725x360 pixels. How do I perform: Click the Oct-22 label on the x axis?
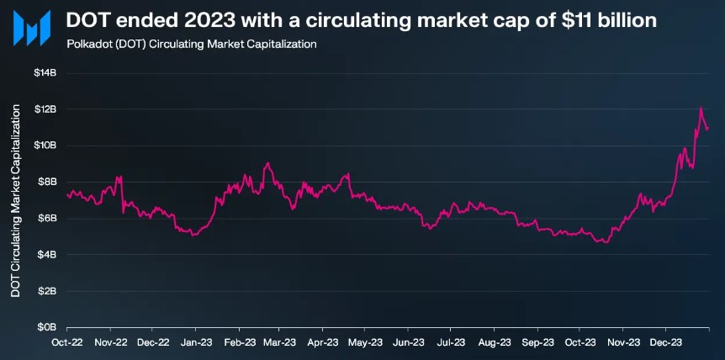coord(66,342)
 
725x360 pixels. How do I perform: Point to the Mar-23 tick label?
coord(279,342)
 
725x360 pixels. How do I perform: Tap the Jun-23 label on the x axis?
coord(409,342)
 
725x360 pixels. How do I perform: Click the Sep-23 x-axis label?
coord(537,342)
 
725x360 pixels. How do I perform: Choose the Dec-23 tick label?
coord(664,342)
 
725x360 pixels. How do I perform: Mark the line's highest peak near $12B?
coord(701,108)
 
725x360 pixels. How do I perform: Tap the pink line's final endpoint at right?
coord(707,129)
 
